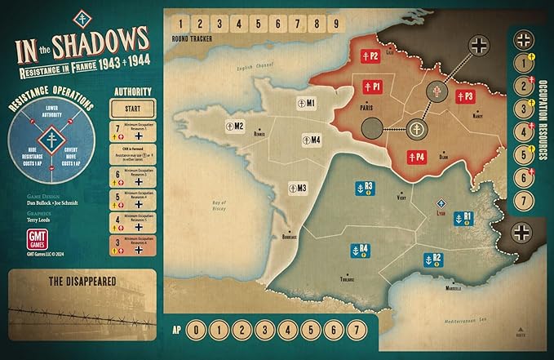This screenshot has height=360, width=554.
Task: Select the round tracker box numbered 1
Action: pos(179,22)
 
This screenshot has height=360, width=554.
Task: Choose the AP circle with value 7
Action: pos(353,331)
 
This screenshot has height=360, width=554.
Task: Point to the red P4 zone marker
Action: pos(416,157)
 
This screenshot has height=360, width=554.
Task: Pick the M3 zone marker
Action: pos(298,188)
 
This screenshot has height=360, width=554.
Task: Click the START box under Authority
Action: pos(131,109)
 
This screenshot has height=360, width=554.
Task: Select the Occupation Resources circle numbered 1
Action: pos(522,63)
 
